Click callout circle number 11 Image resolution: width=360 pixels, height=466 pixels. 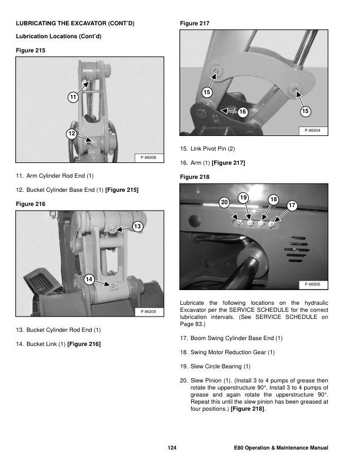pos(73,96)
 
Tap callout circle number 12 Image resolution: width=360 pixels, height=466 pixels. pos(71,134)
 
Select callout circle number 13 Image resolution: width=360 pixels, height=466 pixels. pos(137,227)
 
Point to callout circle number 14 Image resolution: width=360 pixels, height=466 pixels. pos(88,279)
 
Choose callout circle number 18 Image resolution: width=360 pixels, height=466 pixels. pos(273,199)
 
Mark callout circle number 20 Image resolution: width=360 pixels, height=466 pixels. pos(224,202)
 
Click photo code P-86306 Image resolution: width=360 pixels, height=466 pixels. pos(149,157)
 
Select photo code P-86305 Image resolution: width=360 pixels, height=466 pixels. pos(149,311)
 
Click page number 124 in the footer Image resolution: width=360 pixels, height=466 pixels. pos(172,449)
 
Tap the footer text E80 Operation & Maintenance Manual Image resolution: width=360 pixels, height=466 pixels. pos(281,449)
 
